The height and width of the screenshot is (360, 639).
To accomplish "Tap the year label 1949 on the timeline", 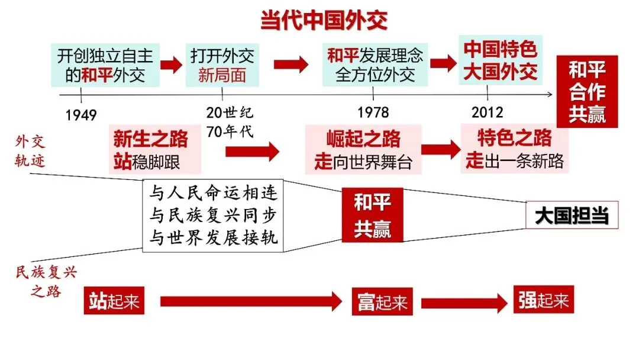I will pos(81,114).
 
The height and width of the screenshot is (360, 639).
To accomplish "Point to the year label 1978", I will pos(373,112).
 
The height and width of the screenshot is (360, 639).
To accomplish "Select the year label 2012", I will pos(488,112).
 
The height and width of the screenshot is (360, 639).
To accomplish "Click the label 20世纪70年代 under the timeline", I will pos(230,122).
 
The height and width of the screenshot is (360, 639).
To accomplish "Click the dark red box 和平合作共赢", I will pos(587,91).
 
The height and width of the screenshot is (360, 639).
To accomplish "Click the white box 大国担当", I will pos(572,216).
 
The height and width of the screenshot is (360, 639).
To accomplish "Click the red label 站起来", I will pos(114,301).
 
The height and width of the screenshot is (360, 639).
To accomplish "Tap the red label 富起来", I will pos(383,301).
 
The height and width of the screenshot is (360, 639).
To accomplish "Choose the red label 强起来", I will pos(543,301).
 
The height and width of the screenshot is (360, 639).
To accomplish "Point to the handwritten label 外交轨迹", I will pos(30,151).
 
